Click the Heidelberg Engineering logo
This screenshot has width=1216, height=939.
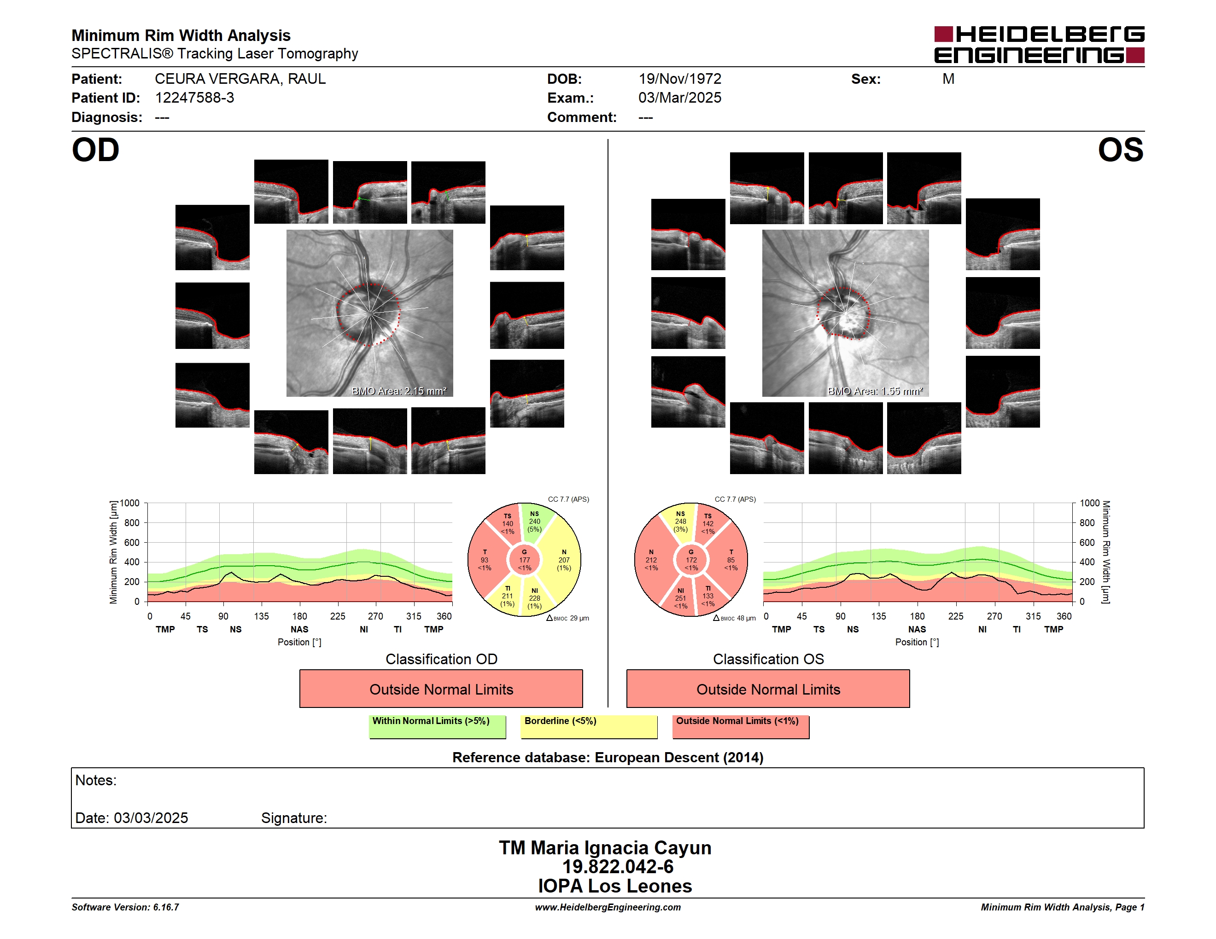tap(1039, 45)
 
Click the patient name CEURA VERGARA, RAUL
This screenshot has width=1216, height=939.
tap(240, 79)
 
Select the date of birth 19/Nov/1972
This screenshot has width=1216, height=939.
tap(680, 79)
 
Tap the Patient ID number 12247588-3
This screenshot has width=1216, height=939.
tap(194, 98)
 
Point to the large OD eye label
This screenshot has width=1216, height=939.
tap(95, 150)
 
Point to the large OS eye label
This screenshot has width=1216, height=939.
tap(1120, 150)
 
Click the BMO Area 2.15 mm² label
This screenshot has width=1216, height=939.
tap(398, 391)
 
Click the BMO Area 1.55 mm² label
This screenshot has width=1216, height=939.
tap(875, 391)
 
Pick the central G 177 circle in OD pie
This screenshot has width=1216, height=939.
tap(525, 560)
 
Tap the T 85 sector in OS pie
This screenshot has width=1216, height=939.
tap(731, 560)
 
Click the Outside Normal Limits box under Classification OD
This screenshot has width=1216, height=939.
tap(441, 689)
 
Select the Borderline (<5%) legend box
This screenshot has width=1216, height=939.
tap(589, 726)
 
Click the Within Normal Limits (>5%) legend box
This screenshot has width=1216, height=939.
tap(437, 726)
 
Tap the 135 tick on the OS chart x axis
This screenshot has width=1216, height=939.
tap(878, 616)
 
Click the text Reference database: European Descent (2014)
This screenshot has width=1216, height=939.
tap(608, 758)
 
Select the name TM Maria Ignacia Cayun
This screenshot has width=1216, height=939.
tap(605, 848)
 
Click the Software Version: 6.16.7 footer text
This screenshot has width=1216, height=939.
tap(125, 907)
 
